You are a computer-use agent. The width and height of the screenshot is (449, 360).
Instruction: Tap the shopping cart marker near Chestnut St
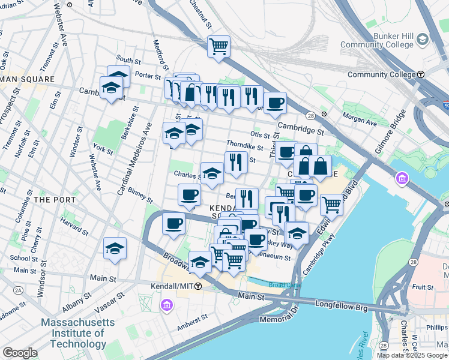(219, 46)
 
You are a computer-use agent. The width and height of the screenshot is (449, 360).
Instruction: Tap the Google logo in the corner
(20, 353)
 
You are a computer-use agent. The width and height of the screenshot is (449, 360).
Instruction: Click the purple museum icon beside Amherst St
(166, 306)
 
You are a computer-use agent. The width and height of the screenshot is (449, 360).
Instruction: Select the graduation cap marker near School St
(115, 248)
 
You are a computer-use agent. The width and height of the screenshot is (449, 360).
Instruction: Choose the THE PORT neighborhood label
(55, 199)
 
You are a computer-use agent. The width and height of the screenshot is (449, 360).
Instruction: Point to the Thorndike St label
(244, 145)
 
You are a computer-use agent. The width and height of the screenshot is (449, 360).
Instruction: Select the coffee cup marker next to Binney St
(190, 195)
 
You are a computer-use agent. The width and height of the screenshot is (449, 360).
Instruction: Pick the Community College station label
(381, 75)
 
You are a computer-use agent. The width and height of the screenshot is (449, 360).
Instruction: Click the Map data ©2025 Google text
(412, 355)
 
